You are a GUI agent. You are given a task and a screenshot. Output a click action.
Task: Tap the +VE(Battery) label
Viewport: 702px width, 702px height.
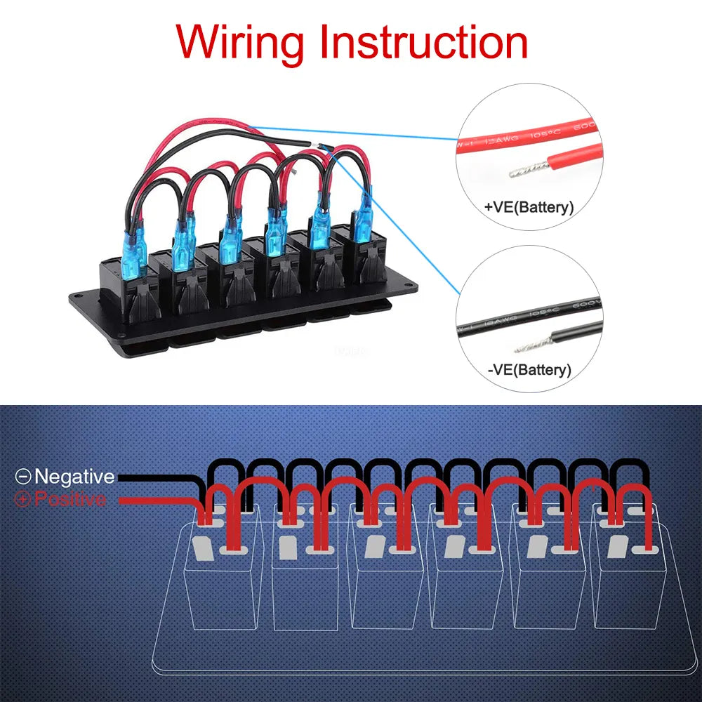click(x=529, y=208)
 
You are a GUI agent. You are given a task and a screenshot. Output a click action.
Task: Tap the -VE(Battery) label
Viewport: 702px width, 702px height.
click(x=529, y=369)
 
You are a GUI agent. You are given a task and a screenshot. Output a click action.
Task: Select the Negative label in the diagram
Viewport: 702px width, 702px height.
click(x=74, y=477)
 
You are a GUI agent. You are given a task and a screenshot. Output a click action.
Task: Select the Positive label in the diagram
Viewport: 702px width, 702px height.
click(x=70, y=499)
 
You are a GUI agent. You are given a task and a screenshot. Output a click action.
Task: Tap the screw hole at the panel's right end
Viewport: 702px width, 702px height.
click(x=407, y=284)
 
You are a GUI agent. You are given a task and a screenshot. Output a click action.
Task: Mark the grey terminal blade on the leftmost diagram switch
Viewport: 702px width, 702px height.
click(x=201, y=548)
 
